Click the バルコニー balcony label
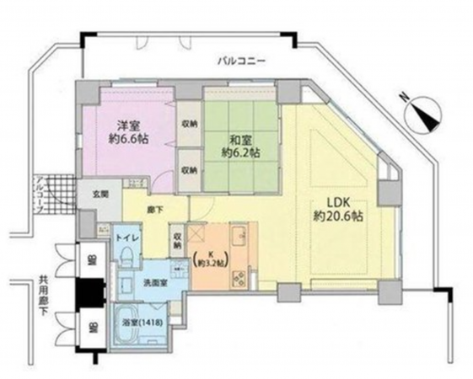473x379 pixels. coord(241,61)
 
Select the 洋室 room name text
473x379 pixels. coord(129,125)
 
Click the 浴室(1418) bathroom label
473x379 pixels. coord(142,323)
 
